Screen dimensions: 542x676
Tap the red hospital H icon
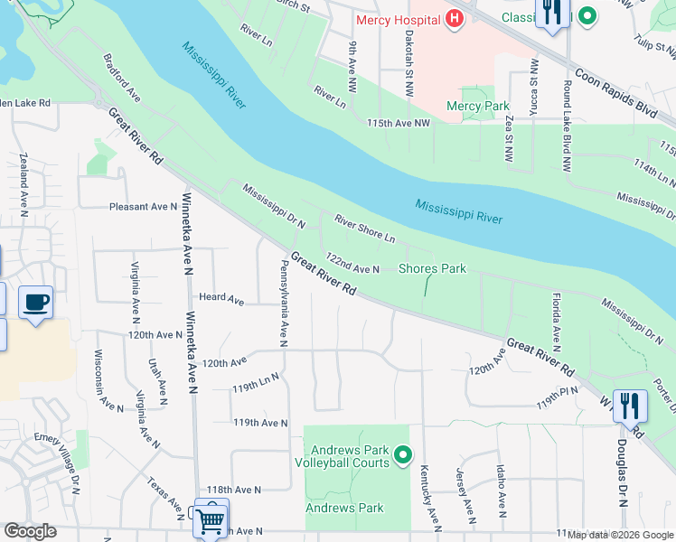(x=455, y=19)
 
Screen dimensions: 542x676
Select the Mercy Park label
(x=478, y=106)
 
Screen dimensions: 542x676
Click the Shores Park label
(x=432, y=268)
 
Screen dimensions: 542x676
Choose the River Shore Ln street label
(x=365, y=229)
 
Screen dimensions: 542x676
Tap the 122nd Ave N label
(x=352, y=264)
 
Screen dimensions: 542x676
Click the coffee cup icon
(x=35, y=303)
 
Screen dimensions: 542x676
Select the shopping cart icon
(x=211, y=518)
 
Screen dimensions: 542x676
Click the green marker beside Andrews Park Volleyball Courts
(x=403, y=456)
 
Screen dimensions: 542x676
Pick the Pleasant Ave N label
(x=143, y=207)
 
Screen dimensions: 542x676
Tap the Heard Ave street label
(x=221, y=298)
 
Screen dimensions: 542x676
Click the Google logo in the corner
(x=30, y=531)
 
